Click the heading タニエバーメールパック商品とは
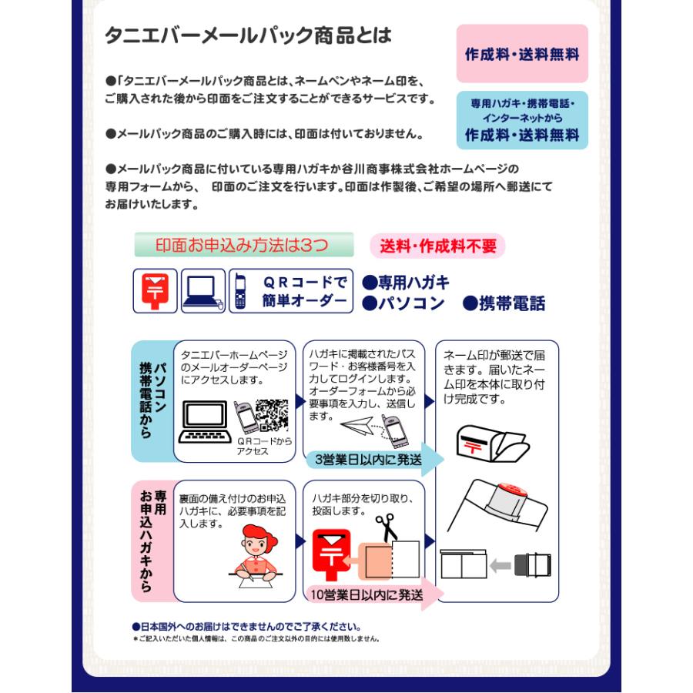tap(248, 35)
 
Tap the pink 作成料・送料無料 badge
tap(521, 55)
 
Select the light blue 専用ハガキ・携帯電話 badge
tap(521, 119)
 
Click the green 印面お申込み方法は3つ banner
tap(243, 245)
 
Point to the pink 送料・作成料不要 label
tap(437, 246)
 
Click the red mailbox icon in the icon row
tap(156, 290)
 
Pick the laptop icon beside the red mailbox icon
tap(203, 291)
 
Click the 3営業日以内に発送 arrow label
tap(368, 460)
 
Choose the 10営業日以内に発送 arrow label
tap(368, 594)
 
